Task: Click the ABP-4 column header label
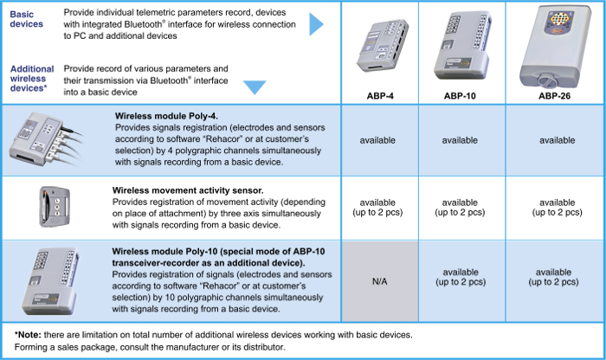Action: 380,96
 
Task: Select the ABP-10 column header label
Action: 460,96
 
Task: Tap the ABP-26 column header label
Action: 554,96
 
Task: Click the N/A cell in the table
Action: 379,281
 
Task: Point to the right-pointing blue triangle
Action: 316,24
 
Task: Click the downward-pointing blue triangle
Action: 255,87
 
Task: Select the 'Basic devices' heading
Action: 26,19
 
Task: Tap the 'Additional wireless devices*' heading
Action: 32,79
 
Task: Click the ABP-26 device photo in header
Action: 555,47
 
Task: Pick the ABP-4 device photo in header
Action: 382,45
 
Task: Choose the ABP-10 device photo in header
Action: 461,45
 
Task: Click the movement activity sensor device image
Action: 55,206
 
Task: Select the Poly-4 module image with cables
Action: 46,139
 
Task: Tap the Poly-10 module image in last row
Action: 50,281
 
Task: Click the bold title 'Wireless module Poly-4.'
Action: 166,116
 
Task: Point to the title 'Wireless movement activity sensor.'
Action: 188,190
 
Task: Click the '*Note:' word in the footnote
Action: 28,335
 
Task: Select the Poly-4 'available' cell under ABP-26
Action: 557,140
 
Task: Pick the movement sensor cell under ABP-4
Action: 377,208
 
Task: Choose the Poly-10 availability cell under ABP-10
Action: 461,277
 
